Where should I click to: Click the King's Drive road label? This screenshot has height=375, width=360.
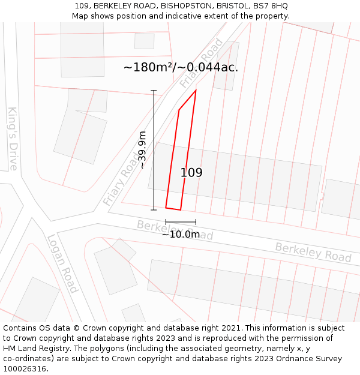(x=13, y=139)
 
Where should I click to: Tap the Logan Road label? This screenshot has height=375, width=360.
(x=62, y=263)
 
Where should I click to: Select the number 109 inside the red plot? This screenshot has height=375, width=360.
(x=191, y=173)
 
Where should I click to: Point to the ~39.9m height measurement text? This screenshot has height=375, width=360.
(x=142, y=150)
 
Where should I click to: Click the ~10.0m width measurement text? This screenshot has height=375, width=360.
(x=181, y=234)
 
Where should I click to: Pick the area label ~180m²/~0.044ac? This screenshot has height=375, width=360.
(x=181, y=67)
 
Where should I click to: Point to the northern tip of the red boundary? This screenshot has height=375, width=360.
(x=196, y=91)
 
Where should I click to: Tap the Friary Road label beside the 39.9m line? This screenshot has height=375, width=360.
(x=121, y=178)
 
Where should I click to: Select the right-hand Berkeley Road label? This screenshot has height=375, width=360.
(x=313, y=252)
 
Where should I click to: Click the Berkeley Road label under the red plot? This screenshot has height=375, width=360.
(x=175, y=230)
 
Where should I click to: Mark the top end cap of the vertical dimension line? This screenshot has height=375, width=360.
(x=154, y=91)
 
